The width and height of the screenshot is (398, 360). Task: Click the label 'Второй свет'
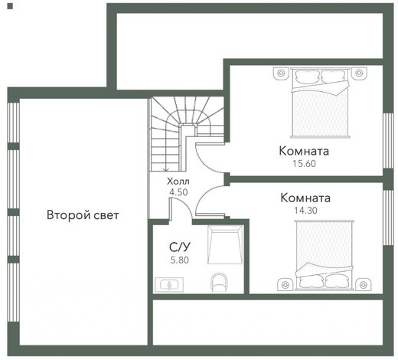pyautogui.click(x=83, y=215)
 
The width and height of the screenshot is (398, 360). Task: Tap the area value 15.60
pyautogui.click(x=304, y=163)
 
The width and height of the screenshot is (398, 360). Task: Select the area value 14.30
pyautogui.click(x=305, y=211)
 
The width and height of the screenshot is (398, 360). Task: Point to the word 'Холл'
pyautogui.click(x=178, y=182)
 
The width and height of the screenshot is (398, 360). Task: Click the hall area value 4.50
pyautogui.click(x=178, y=192)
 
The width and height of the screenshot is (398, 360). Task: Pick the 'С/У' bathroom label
pyautogui.click(x=180, y=247)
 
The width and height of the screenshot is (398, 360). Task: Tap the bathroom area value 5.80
pyautogui.click(x=180, y=260)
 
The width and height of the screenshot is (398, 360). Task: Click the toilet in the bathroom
pyautogui.click(x=219, y=282)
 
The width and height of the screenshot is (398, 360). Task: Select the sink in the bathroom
pyautogui.click(x=169, y=284)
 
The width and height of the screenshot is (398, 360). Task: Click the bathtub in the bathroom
pyautogui.click(x=225, y=244)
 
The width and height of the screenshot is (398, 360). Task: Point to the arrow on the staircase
pyautogui.click(x=166, y=168)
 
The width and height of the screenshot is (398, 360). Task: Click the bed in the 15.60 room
pyautogui.click(x=321, y=103)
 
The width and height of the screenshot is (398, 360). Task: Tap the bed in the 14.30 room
pyautogui.click(x=324, y=255)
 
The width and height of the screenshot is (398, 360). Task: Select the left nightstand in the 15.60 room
pyautogui.click(x=281, y=74)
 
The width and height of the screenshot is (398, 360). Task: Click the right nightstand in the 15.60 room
pyautogui.click(x=359, y=74)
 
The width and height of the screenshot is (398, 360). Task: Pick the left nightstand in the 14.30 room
pyautogui.click(x=285, y=284)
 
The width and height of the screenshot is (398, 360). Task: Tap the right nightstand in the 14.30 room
pyautogui.click(x=364, y=284)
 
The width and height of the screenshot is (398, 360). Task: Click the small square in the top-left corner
pyautogui.click(x=10, y=7)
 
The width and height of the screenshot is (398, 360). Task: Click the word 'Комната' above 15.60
pyautogui.click(x=304, y=151)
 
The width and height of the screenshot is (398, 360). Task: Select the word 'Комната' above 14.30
pyautogui.click(x=305, y=198)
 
